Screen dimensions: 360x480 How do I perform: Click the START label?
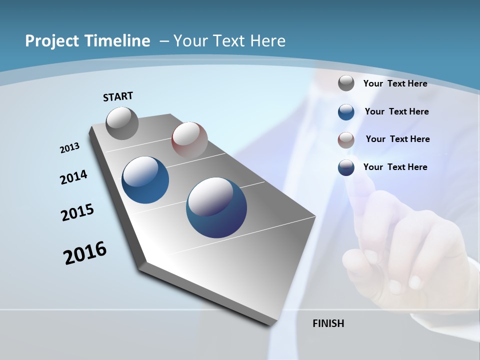tap(118, 96)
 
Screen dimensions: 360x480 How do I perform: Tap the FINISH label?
tap(328, 323)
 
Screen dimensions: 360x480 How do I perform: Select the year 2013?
tap(69, 148)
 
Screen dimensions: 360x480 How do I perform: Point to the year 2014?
tap(73, 177)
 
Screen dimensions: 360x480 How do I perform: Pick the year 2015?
tap(77, 212)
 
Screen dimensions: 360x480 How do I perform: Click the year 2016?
tap(85, 253)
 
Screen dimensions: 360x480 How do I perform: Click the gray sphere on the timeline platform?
tap(122, 123)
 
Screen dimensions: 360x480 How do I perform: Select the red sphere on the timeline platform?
tap(189, 139)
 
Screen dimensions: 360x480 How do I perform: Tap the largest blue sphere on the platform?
tap(216, 207)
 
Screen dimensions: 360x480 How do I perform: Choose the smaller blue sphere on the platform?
tap(145, 180)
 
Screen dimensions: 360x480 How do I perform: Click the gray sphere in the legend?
tap(346, 83)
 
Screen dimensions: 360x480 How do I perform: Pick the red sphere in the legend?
tap(346, 140)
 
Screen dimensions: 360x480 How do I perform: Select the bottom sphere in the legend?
tap(346, 167)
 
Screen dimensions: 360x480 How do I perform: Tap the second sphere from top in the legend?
tap(346, 112)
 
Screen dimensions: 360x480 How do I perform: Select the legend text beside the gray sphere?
tap(395, 83)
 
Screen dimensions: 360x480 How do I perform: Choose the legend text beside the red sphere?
tap(397, 139)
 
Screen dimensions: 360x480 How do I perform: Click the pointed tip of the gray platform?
tap(273, 324)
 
